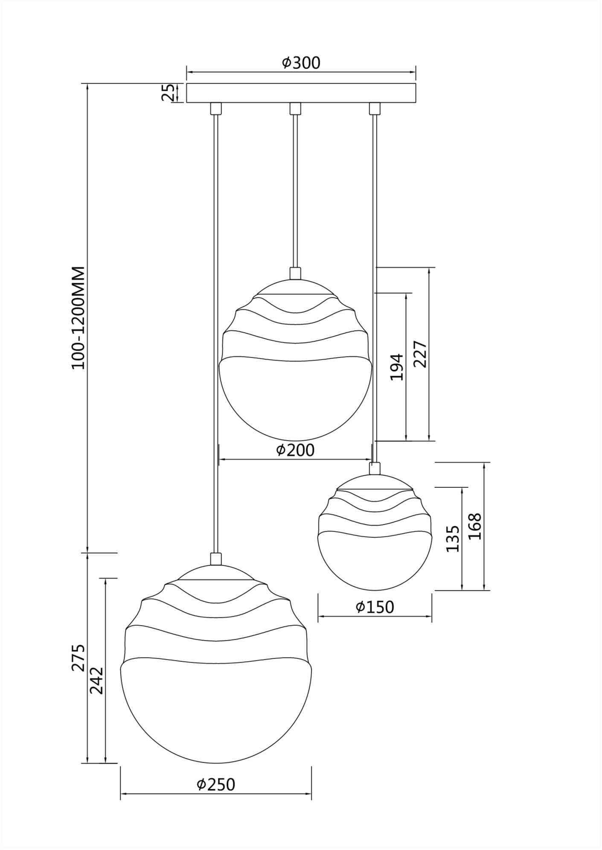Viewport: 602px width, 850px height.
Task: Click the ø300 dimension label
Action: tap(301, 63)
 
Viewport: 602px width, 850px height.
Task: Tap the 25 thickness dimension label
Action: tap(168, 93)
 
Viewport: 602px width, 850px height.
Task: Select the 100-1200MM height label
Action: tap(79, 318)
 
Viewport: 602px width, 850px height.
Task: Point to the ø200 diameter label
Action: tap(295, 450)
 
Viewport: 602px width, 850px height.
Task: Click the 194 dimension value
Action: tap(397, 367)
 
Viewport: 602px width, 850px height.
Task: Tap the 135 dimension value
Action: tap(453, 539)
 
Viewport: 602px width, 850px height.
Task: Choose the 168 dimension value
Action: tap(475, 526)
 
